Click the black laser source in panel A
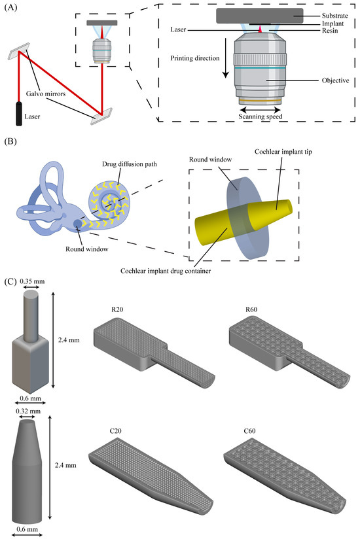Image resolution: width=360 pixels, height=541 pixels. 18,113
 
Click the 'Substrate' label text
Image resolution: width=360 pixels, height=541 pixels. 335,16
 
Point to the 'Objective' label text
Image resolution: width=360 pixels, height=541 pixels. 336,80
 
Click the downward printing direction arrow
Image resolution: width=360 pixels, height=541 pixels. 225,58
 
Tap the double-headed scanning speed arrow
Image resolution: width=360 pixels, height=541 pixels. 261,110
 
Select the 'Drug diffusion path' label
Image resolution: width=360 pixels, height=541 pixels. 130,164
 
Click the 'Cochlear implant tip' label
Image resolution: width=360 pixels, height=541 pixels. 283,152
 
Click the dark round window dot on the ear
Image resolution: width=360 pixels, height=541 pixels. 77,224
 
